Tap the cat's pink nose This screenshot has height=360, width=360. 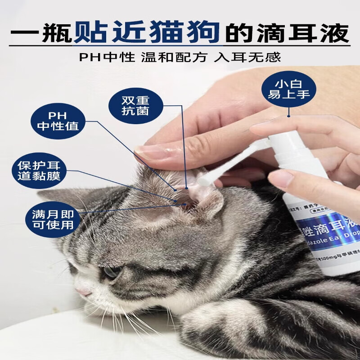tap(82, 292)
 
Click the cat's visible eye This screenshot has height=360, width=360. tap(111, 272)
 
